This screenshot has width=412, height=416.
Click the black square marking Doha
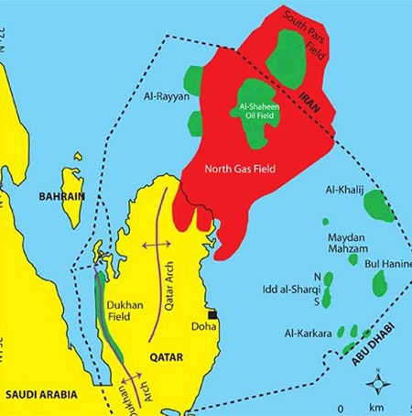coord(211,314)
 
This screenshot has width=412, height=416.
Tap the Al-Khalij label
coord(345,190)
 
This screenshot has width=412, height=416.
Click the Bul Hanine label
coord(389,265)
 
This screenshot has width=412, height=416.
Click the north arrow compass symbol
coord(386,381)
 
